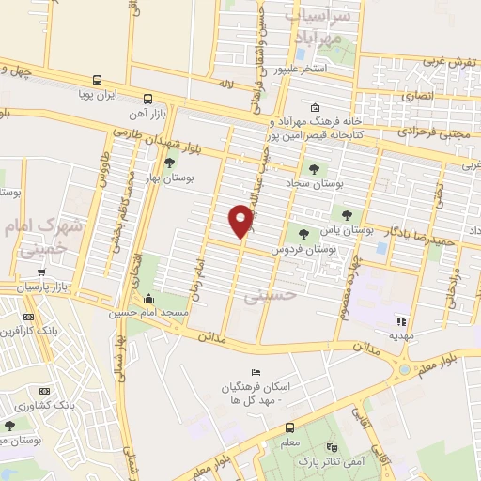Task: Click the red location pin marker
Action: tap(240, 222)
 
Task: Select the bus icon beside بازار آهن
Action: tap(147, 99)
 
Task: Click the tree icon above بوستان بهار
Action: tap(169, 163)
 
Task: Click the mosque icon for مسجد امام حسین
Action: tap(150, 301)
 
